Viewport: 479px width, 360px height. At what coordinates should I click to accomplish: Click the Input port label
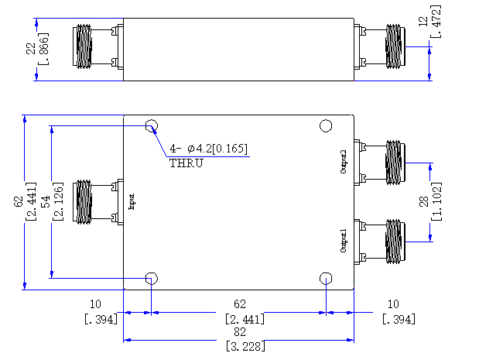tap(132, 202)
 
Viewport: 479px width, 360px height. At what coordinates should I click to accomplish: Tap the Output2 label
tap(344, 162)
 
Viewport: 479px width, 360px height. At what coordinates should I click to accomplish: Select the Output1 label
tap(344, 241)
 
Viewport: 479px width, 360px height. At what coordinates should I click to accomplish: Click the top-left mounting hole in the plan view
tap(152, 125)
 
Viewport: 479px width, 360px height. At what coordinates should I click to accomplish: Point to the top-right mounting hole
tap(326, 125)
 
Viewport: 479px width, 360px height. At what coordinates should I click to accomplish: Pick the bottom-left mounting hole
tap(152, 279)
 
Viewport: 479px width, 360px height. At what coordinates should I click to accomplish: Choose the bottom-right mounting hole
tap(326, 279)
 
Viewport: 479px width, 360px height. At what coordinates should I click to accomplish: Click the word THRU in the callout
tap(186, 163)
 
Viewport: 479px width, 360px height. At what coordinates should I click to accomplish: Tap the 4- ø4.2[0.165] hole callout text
tap(209, 149)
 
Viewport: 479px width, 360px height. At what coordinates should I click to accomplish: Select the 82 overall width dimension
tap(240, 332)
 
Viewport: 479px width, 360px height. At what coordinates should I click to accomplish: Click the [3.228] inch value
tap(245, 347)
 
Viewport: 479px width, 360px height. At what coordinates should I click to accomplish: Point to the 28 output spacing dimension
tap(424, 202)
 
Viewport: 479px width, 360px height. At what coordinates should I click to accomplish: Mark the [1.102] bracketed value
tap(436, 202)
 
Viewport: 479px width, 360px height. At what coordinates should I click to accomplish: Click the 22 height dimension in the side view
tap(31, 49)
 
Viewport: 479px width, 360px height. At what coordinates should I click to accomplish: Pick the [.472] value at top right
tap(436, 22)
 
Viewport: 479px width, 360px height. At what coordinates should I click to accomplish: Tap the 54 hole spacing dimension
tap(46, 202)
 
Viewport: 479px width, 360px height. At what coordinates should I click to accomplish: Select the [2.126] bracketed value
tap(58, 202)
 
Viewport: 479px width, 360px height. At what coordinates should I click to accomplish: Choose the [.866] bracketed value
tap(43, 49)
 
